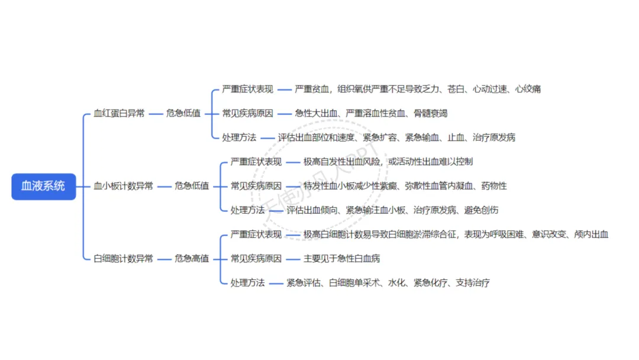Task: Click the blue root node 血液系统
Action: coord(44,186)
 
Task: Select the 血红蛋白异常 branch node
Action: coord(119,113)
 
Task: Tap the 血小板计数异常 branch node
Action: coord(123,186)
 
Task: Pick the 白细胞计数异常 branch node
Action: coord(123,259)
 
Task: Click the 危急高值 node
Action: coord(192,259)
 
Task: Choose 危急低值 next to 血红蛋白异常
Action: coord(183,113)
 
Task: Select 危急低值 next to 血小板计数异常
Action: coord(192,186)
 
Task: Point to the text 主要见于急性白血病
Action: coord(341,259)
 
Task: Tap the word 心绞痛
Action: coord(528,89)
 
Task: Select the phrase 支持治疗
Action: coord(473,283)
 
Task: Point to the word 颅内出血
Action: coord(591,234)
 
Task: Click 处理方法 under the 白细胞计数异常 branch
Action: coord(247,283)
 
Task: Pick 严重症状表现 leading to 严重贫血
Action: coord(247,89)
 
